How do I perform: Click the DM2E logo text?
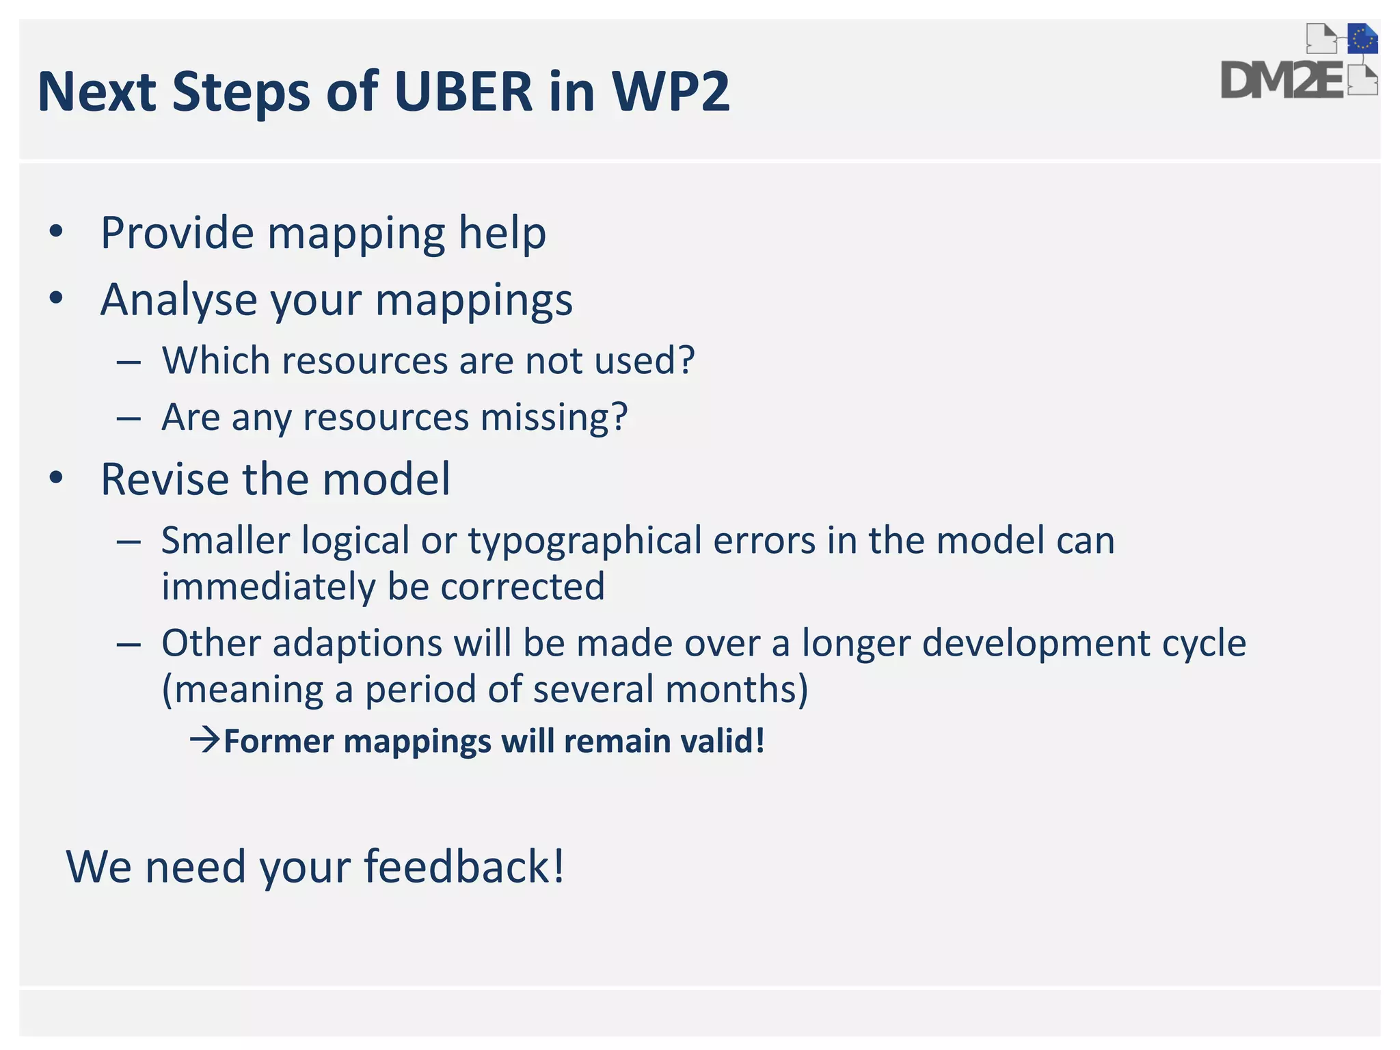[1282, 81]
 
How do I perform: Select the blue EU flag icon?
[1362, 39]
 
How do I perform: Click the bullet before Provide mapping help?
[56, 232]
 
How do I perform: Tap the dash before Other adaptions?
[129, 644]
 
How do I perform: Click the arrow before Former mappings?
[205, 740]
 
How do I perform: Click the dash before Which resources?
[129, 361]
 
